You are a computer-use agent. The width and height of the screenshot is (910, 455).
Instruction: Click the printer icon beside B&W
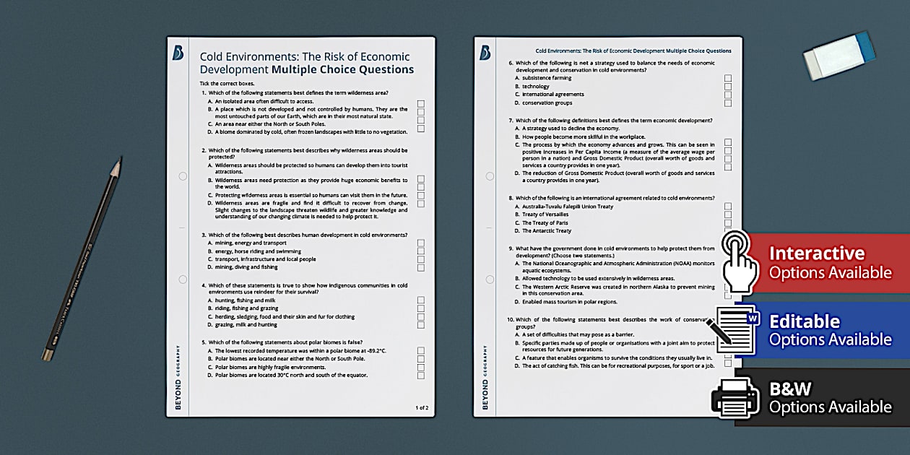click(735, 396)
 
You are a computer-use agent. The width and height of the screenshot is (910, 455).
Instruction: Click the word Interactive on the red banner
click(816, 253)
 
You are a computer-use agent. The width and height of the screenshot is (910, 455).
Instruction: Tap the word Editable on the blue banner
click(805, 321)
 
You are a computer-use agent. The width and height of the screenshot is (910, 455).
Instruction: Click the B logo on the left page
click(178, 53)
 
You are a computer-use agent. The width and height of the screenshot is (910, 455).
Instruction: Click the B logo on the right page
click(485, 53)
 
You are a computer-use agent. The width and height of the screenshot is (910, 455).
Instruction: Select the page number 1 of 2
click(422, 408)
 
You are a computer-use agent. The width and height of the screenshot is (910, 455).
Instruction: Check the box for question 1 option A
click(421, 103)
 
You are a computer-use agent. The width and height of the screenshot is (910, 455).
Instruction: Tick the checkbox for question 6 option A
click(728, 78)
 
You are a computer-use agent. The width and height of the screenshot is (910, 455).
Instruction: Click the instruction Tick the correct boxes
click(227, 84)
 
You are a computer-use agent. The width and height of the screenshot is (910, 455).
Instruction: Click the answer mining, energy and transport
click(246, 243)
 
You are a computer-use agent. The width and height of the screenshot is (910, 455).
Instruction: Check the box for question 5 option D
click(421, 376)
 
